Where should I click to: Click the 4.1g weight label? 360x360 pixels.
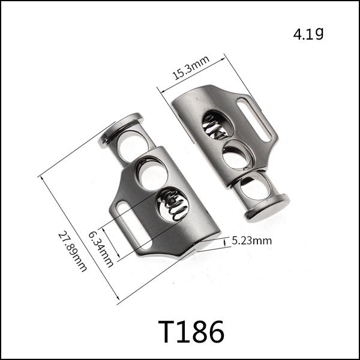[x=308, y=34]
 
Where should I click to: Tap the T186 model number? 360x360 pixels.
[x=191, y=332]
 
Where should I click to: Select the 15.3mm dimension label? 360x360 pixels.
[x=191, y=67]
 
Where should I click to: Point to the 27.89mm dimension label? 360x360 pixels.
[x=73, y=252]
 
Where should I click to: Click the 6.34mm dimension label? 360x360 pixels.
[x=101, y=249]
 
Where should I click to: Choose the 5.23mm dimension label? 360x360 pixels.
[x=251, y=241]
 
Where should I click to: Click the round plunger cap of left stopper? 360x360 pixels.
[x=121, y=130]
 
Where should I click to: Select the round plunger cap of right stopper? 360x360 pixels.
[x=267, y=208]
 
